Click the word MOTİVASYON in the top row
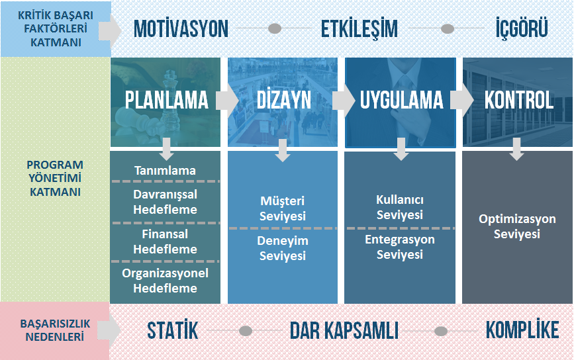[x=181, y=29]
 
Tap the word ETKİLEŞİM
[x=359, y=29]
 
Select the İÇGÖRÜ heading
[x=522, y=28]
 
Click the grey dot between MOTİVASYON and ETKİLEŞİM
[x=275, y=28]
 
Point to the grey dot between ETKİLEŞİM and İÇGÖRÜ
[x=448, y=28]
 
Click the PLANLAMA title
[x=167, y=100]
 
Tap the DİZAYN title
[x=284, y=99]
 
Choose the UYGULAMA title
[x=402, y=100]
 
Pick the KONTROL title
[x=519, y=100]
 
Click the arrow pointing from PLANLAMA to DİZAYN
[x=227, y=101]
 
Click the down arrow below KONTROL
[x=516, y=149]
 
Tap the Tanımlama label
[x=165, y=171]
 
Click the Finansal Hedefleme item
[x=165, y=242]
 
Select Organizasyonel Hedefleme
[x=165, y=281]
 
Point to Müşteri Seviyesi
[x=282, y=208]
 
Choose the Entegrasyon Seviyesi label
[x=400, y=247]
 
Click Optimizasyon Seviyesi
[x=517, y=226]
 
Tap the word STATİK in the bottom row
[x=172, y=330]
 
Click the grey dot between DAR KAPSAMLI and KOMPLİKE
[x=441, y=331]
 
